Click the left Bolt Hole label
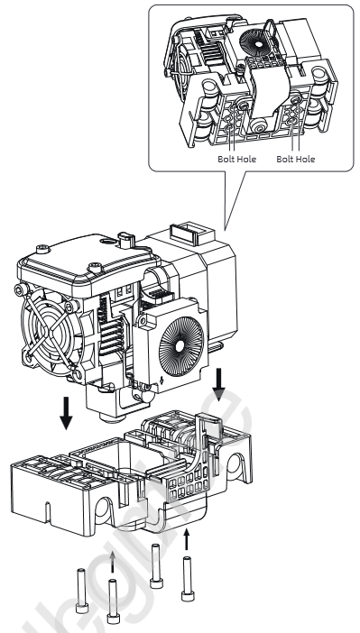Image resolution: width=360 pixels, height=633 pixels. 236,159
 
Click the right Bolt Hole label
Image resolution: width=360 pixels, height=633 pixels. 295,159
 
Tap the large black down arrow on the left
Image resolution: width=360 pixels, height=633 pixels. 66,413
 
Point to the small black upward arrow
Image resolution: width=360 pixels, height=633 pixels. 186,540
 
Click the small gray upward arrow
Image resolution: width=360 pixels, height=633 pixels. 113,562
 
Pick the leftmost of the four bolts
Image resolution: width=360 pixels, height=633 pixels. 81,591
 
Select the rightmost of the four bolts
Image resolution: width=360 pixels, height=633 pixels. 187,579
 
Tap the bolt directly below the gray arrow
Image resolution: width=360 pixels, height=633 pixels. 113,601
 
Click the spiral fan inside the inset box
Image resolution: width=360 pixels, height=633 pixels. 254,41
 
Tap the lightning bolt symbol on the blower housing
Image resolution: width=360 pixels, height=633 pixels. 162,380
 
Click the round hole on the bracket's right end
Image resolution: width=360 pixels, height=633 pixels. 235,467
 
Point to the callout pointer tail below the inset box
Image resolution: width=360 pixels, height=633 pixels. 235,200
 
